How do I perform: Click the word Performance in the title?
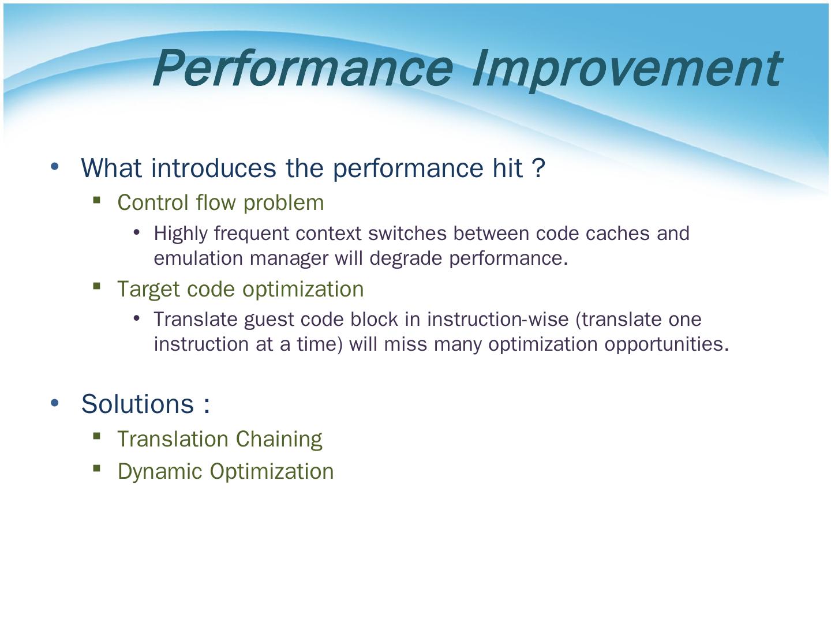tap(303, 68)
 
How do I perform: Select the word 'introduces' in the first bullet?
tap(214, 168)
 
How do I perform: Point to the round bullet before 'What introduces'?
tap(55, 167)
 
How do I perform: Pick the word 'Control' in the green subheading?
tap(153, 202)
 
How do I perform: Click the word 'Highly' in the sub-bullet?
tap(181, 234)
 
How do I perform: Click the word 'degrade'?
tap(406, 259)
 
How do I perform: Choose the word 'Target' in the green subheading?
tap(149, 290)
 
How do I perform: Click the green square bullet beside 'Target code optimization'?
tap(97, 286)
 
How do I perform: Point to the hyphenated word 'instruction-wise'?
tap(498, 319)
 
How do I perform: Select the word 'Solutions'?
tap(138, 404)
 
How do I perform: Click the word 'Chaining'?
tap(279, 440)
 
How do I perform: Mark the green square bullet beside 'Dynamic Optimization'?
tap(97, 468)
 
